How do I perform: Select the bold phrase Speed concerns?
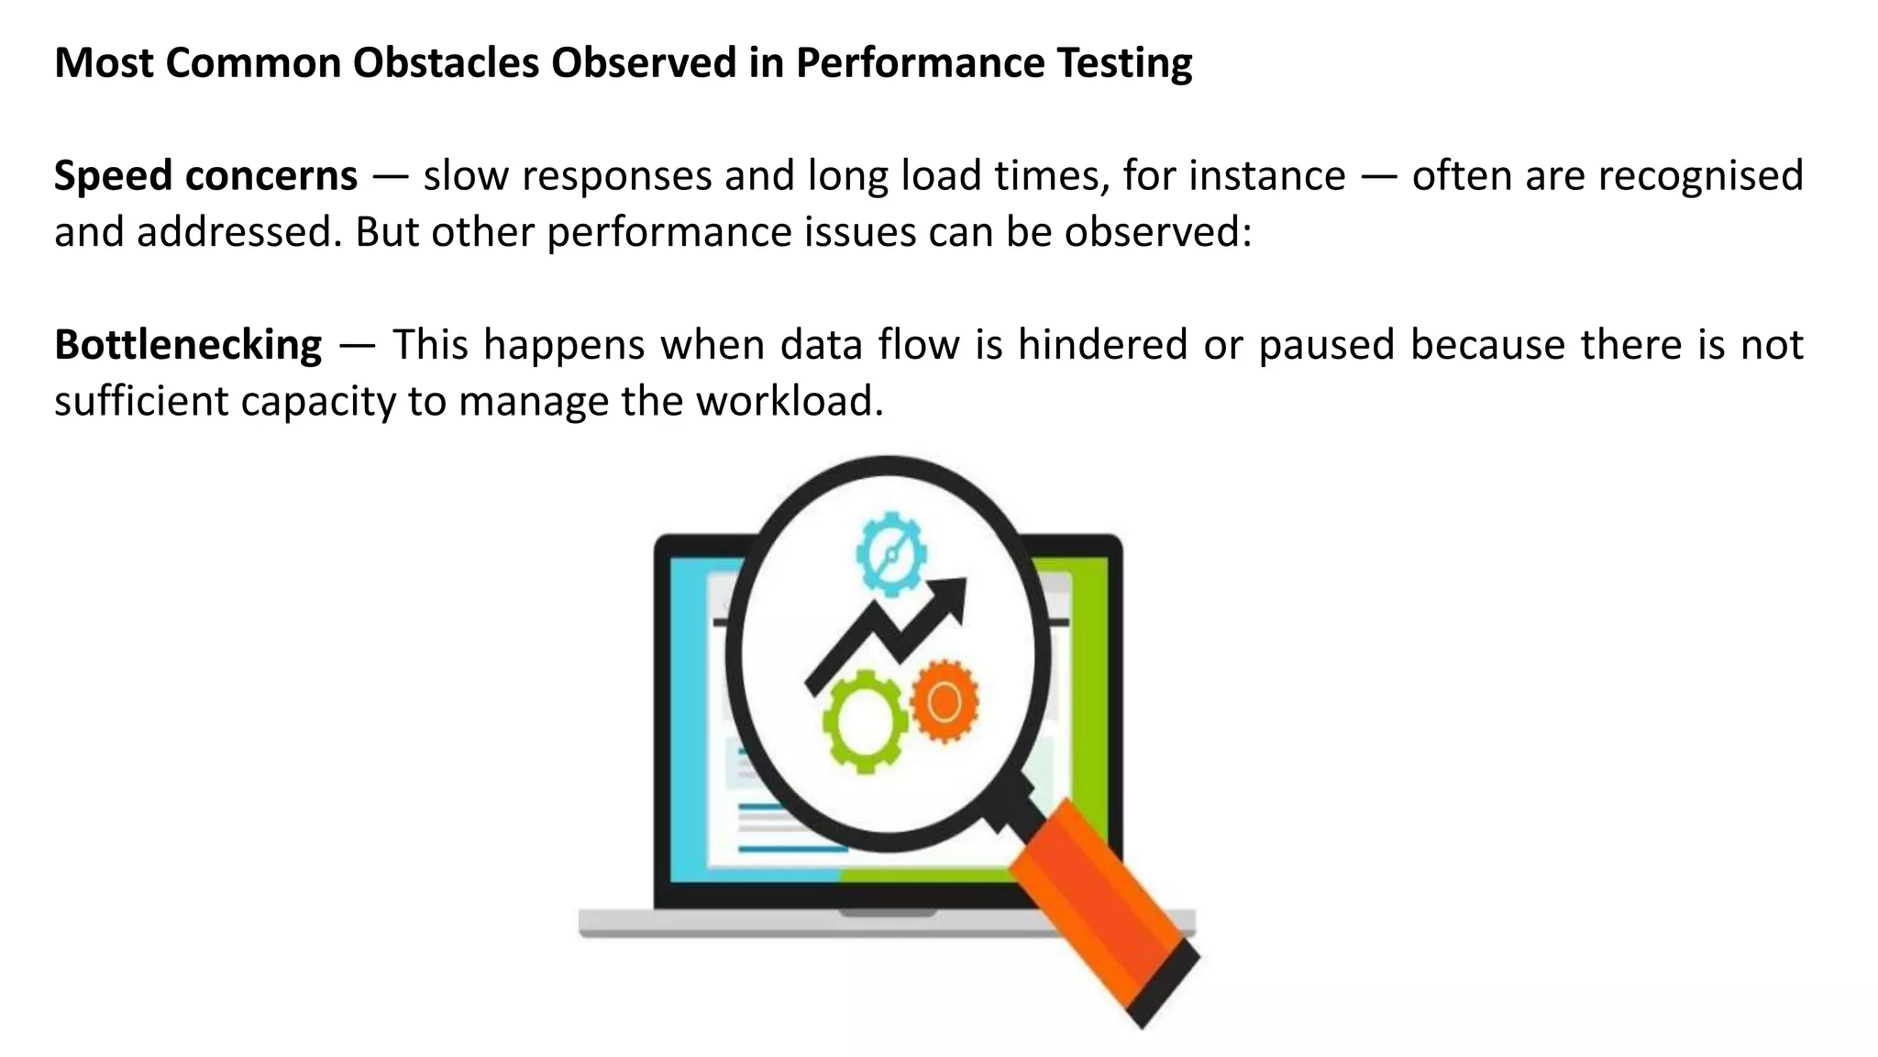205,175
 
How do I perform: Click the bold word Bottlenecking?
188,345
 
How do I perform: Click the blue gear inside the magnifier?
890,554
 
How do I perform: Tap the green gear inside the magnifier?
864,721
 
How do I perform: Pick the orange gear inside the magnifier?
945,702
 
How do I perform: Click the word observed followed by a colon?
1155,231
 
